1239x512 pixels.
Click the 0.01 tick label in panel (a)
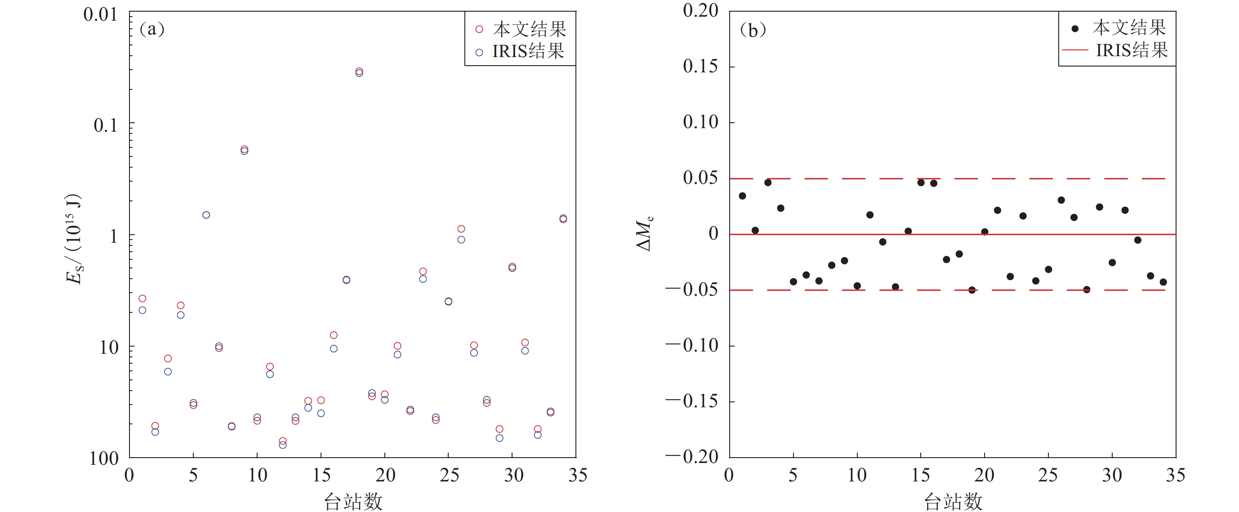pos(100,14)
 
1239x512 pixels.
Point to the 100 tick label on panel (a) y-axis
pos(104,459)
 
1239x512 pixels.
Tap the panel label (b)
pos(753,30)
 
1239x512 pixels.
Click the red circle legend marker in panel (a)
pos(479,29)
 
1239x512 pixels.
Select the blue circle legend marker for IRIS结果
pos(479,53)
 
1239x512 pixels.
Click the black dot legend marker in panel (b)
pos(1075,29)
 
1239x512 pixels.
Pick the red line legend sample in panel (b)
pos(1075,50)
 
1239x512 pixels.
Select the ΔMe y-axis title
pos(645,235)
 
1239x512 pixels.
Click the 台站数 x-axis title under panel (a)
pos(353,501)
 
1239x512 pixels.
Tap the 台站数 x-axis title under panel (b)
pos(953,501)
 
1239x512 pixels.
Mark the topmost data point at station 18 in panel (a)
pos(359,71)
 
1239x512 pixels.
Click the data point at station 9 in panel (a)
pos(244,150)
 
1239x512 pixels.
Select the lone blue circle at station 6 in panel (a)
pos(206,215)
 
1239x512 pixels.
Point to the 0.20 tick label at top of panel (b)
pos(700,11)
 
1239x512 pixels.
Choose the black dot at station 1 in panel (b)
pos(742,196)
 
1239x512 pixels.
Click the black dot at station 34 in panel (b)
pos(1163,282)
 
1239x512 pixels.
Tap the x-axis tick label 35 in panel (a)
pos(578,476)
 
